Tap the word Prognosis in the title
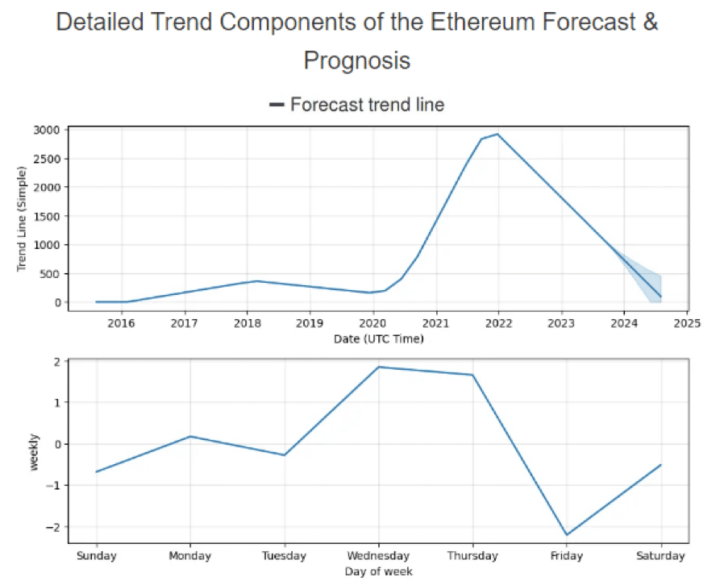tap(356, 60)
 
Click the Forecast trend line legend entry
tap(356, 105)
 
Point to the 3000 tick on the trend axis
tap(47, 130)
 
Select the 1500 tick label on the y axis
tap(47, 216)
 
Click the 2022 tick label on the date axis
tap(498, 324)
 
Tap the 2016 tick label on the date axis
tap(122, 324)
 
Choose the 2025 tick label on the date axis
tap(687, 324)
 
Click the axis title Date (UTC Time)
tap(378, 339)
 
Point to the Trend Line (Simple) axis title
tap(22, 217)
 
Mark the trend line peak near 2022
tap(497, 134)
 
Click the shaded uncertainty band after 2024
tap(645, 278)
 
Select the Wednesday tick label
tap(378, 556)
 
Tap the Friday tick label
tap(567, 556)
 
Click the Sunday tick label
tap(96, 556)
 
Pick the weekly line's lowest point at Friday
tap(567, 535)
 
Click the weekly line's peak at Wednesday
tap(378, 367)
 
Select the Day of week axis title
tap(378, 571)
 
